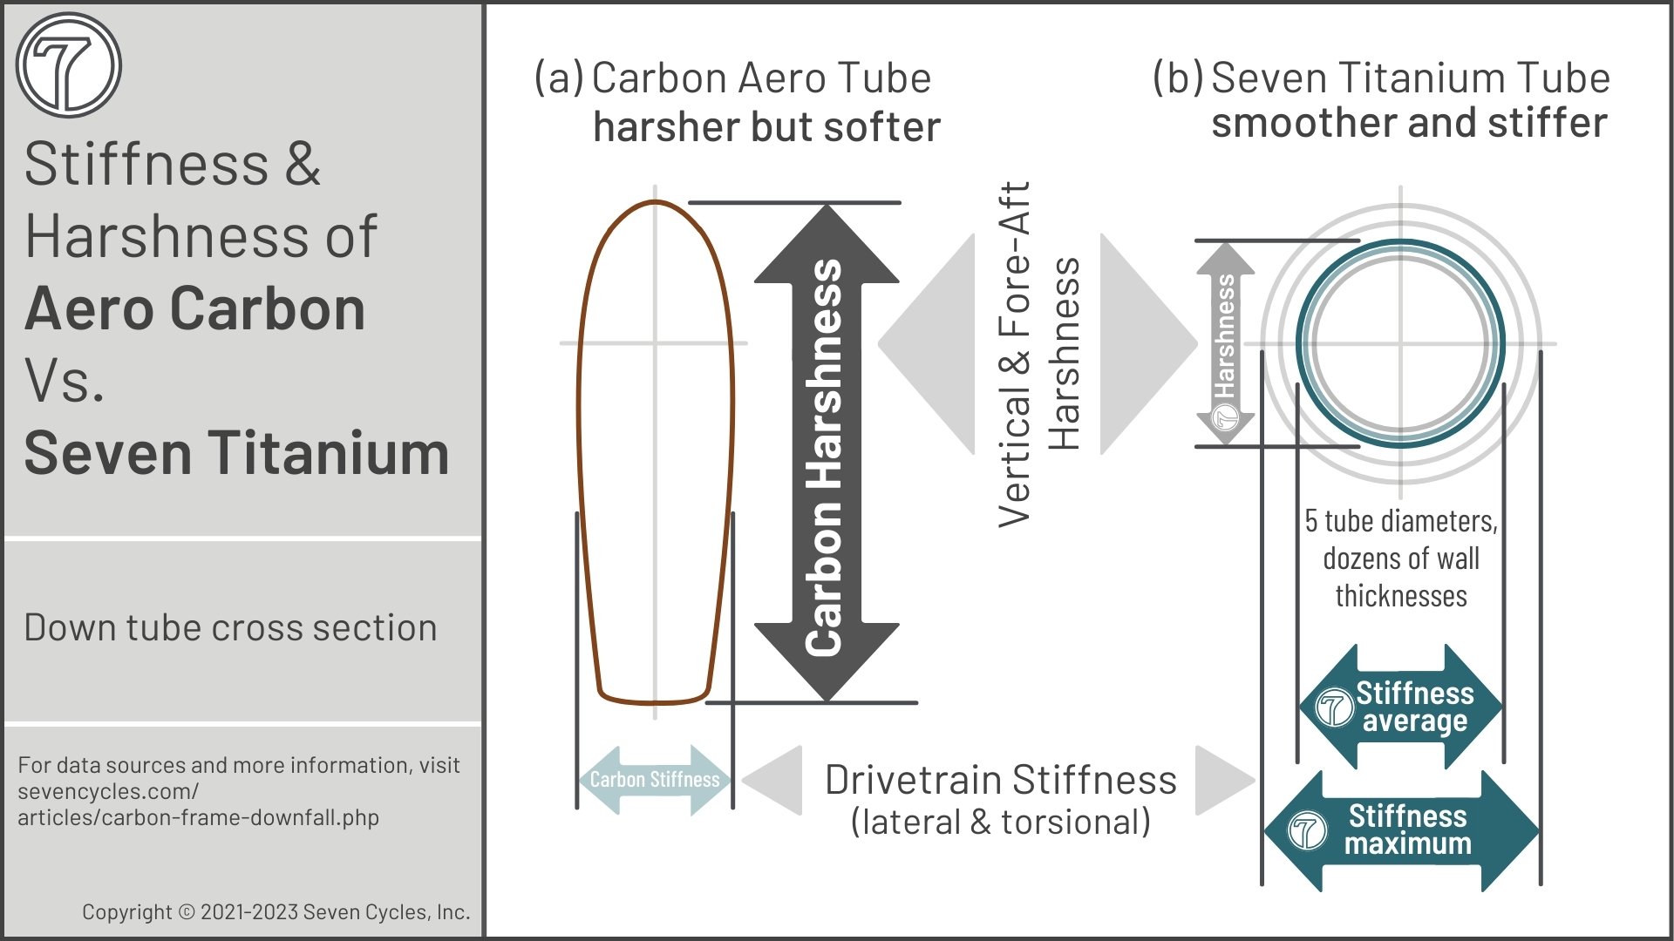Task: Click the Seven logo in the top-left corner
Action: pos(68,65)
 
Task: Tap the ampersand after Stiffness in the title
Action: pos(303,164)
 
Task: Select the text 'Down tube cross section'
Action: pos(230,628)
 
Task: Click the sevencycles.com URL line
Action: pos(108,792)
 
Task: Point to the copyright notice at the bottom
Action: pos(276,912)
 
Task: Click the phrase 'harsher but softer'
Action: pos(766,127)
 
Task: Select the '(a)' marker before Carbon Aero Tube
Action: pos(558,78)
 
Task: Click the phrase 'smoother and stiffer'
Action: pos(1409,123)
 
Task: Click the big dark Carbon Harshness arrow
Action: pos(826,453)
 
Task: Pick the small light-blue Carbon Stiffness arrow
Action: pos(655,780)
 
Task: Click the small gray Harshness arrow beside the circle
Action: pos(1225,342)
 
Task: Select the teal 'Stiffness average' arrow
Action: pos(1401,707)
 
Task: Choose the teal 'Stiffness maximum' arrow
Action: pos(1401,830)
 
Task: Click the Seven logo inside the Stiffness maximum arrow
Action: pos(1307,831)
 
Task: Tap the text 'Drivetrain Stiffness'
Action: pos(1000,781)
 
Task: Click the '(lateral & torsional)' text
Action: pos(1000,823)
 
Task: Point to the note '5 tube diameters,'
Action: pos(1400,521)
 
